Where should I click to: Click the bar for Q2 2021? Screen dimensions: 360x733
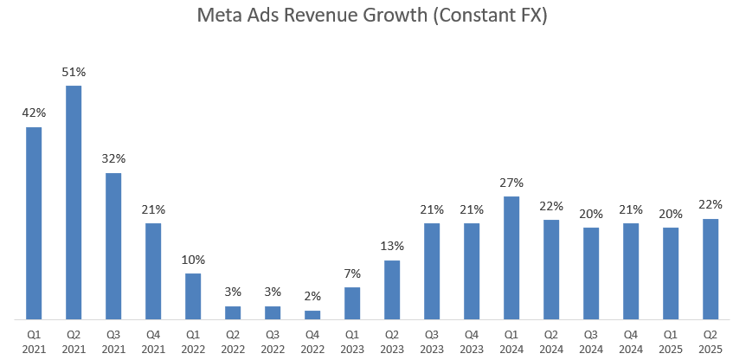[x=74, y=202]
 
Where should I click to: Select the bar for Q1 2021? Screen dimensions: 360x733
[x=34, y=223]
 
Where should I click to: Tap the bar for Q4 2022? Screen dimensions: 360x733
[x=312, y=315]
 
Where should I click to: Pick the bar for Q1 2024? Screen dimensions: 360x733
[x=511, y=258]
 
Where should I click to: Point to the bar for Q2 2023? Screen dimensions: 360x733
[x=392, y=290]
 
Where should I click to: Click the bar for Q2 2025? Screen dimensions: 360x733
[x=710, y=269]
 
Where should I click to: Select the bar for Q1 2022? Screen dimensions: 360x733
[x=193, y=296]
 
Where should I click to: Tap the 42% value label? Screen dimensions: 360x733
[x=34, y=113]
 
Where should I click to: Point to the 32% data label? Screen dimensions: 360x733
[x=113, y=158]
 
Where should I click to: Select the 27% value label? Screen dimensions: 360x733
[x=511, y=183]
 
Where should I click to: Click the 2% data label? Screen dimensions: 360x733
[x=312, y=297]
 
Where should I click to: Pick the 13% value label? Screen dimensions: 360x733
[x=392, y=247]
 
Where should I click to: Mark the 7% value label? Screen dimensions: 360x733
[x=352, y=273]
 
